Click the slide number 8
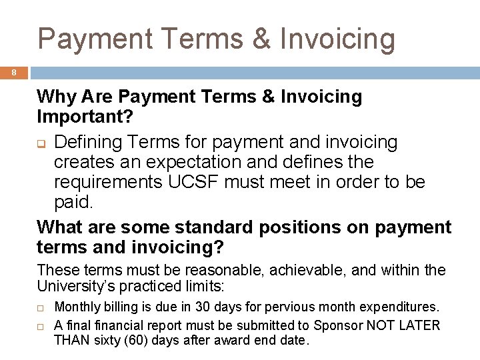13,73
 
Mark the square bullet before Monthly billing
41,308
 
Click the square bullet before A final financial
41,326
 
